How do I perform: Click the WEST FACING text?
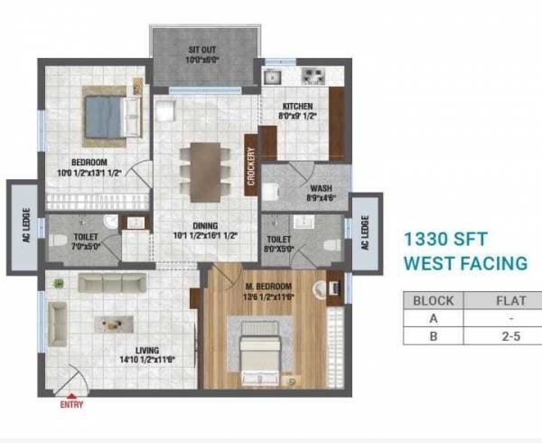(x=465, y=264)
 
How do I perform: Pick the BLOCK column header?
(x=433, y=301)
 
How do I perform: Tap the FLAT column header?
(x=507, y=301)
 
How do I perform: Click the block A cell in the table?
(x=433, y=319)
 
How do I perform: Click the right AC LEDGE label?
(x=364, y=233)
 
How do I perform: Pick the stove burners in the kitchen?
(x=312, y=76)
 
